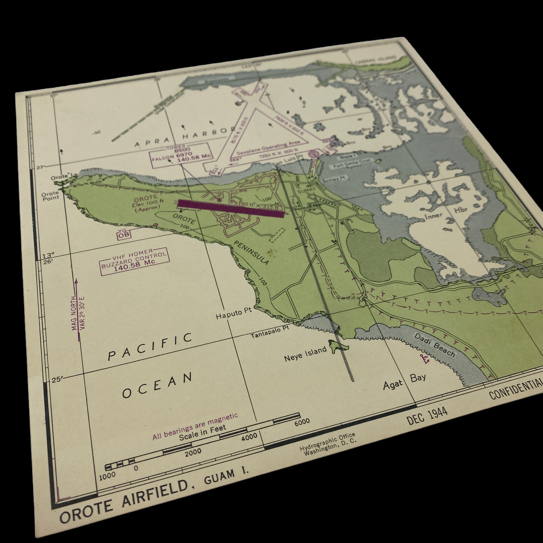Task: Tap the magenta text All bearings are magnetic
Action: pos(195,427)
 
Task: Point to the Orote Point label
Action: pos(50,195)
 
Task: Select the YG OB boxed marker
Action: pos(124,233)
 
